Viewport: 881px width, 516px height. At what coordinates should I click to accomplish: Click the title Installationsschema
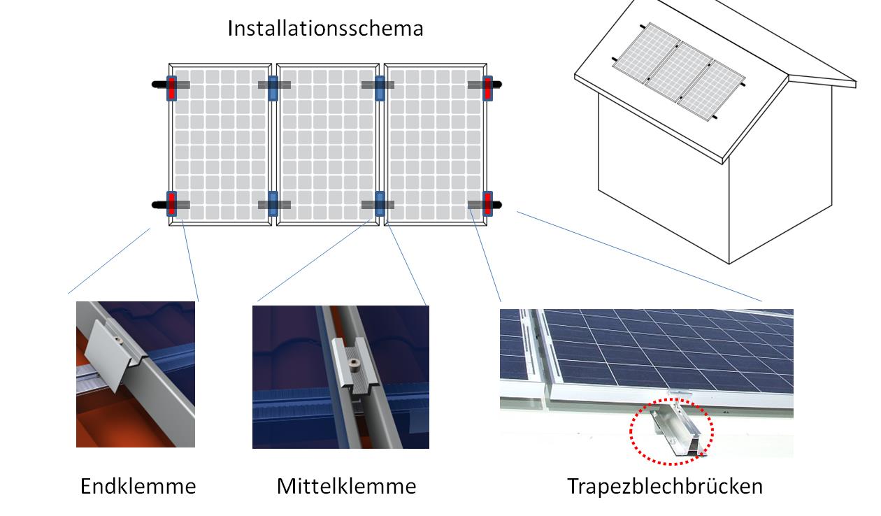tap(325, 28)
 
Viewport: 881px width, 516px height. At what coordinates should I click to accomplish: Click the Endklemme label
tap(138, 486)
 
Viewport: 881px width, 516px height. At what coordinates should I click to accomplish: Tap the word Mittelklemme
tap(347, 486)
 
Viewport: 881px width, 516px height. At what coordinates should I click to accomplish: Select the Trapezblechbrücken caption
tap(665, 486)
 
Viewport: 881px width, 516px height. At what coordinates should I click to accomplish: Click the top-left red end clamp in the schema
tap(171, 88)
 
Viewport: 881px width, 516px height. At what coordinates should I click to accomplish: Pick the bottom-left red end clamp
tap(171, 203)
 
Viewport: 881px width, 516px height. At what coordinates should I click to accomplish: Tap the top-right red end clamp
tap(488, 88)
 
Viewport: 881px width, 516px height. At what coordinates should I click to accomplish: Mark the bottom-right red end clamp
tap(488, 203)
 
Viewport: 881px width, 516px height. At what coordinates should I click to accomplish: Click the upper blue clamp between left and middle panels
tap(273, 88)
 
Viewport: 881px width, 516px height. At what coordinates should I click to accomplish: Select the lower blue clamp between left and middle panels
tap(273, 203)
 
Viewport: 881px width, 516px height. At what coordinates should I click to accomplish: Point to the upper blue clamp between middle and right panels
tap(380, 88)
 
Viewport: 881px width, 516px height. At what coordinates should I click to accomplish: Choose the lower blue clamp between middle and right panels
tap(380, 203)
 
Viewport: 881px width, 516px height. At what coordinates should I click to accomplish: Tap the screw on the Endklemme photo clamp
tap(117, 338)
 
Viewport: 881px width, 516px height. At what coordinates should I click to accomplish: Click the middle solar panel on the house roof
tap(679, 73)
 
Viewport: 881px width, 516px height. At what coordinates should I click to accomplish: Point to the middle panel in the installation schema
tap(328, 144)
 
